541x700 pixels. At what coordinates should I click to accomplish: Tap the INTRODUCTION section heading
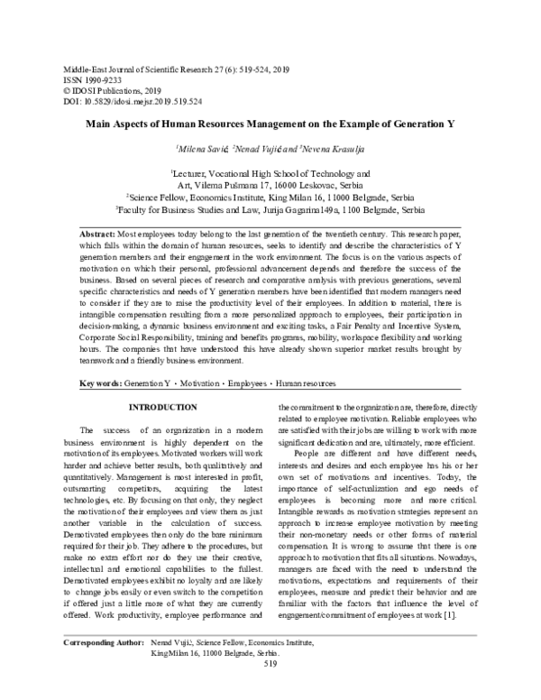(163, 408)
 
